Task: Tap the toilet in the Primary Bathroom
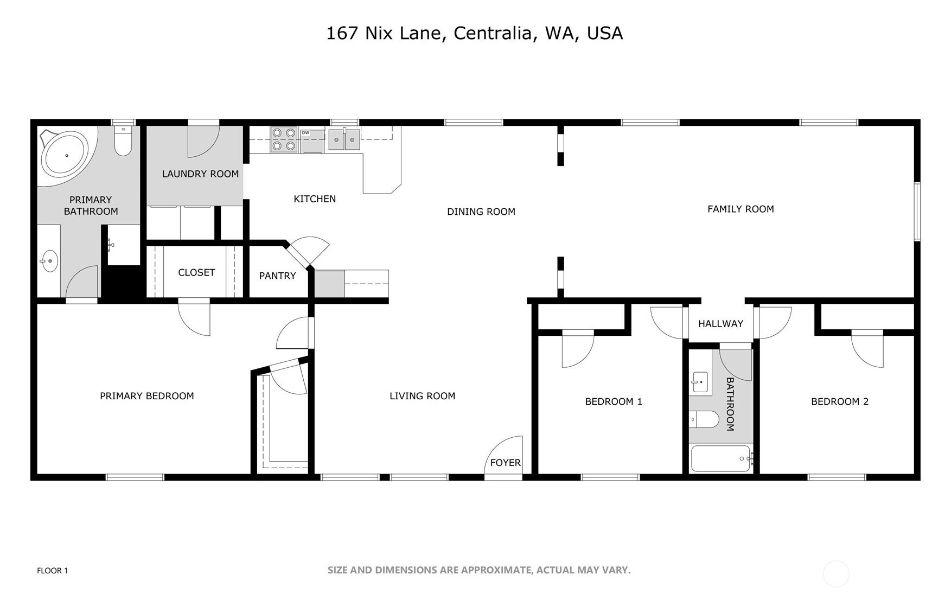(x=123, y=140)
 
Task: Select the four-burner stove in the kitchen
(x=284, y=139)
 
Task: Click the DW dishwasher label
(x=305, y=133)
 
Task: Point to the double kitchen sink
(x=344, y=139)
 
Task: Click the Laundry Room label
(x=200, y=174)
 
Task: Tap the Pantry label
(x=277, y=276)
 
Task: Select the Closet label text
(x=196, y=272)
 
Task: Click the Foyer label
(x=505, y=463)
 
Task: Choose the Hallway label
(x=720, y=324)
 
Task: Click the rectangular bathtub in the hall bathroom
(x=721, y=458)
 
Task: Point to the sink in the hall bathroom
(x=700, y=382)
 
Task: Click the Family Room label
(x=741, y=209)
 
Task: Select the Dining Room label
(x=481, y=212)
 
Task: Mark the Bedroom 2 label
(x=840, y=402)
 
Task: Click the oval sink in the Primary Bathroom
(x=49, y=261)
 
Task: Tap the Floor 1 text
(x=52, y=571)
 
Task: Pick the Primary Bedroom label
(x=147, y=397)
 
